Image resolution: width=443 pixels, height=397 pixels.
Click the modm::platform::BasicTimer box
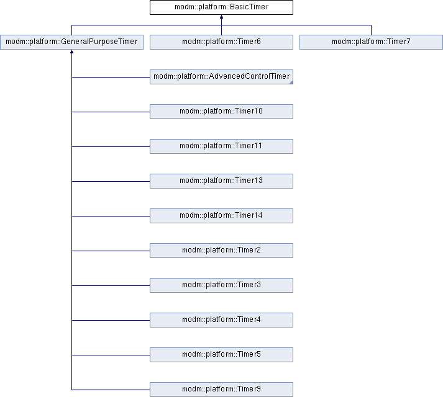tap(221, 7)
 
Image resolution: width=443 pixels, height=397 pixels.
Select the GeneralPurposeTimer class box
tap(71, 42)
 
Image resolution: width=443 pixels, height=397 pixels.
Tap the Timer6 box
tap(221, 42)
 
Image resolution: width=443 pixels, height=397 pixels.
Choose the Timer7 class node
tap(371, 42)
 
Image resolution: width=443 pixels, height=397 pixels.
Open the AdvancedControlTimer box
tap(221, 77)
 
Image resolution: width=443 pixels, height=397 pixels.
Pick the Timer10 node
tap(221, 112)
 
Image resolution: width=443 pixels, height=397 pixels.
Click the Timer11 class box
tap(221, 146)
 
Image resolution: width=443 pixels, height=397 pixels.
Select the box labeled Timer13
tap(221, 181)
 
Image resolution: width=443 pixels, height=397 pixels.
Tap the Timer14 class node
tap(221, 216)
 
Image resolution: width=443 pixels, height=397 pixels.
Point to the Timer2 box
tap(221, 250)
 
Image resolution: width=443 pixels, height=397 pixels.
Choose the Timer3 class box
tap(221, 285)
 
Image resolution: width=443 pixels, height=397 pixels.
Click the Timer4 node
tap(221, 319)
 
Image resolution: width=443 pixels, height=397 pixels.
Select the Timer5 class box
tap(221, 354)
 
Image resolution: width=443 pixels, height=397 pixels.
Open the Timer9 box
tap(221, 389)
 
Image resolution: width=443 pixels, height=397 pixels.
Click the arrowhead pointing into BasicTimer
tap(221, 17)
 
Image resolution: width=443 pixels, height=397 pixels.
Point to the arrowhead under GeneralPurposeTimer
tap(71, 51)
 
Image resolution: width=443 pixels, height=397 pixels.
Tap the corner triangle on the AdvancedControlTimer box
tap(291, 82)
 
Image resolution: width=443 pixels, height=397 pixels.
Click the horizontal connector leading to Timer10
tap(111, 112)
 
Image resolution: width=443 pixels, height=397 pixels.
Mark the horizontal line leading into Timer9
tap(111, 390)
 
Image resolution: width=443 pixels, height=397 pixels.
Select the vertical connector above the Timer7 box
tap(371, 30)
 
